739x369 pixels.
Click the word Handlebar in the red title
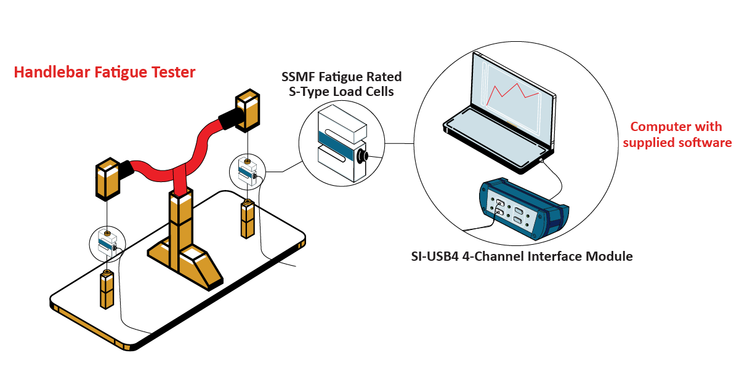52,72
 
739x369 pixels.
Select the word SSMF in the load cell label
298,77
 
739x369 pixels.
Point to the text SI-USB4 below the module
435,256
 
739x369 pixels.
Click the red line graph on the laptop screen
513,93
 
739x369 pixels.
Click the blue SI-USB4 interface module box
523,208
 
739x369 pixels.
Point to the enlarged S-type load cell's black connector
363,156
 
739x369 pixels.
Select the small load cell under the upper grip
248,172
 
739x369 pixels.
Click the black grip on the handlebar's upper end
232,119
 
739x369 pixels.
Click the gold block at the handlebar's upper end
248,110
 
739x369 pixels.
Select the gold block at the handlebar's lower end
108,179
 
